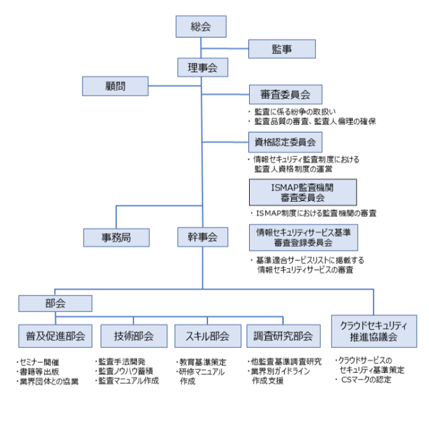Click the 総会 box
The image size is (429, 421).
tap(202, 26)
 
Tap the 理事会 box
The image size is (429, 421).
tap(202, 67)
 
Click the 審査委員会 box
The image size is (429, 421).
tap(285, 95)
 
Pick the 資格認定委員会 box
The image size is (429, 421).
tap(285, 141)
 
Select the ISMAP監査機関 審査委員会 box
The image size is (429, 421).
tap(303, 192)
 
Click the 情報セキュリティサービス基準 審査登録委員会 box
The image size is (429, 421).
tap(303, 236)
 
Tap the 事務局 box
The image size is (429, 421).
tap(117, 237)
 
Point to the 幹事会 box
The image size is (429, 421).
tap(202, 237)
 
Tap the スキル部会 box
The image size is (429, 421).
tap(202, 335)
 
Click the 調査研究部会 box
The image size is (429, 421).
tap(283, 335)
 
